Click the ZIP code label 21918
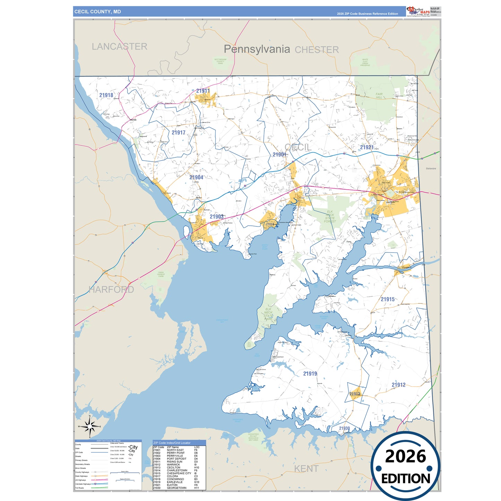click(x=106, y=95)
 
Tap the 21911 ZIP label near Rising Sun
click(x=203, y=91)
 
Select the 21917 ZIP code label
click(x=178, y=132)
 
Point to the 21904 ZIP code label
click(x=196, y=178)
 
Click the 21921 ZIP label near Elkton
click(x=366, y=147)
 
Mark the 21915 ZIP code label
click(x=388, y=299)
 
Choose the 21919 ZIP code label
click(x=310, y=374)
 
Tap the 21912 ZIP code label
click(x=398, y=385)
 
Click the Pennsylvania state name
click(x=257, y=49)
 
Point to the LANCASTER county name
click(x=119, y=46)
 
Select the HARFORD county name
click(x=111, y=290)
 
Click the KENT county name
click(x=306, y=469)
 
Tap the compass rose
click(x=90, y=426)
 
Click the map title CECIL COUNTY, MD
click(x=97, y=12)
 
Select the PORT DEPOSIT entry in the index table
click(x=176, y=459)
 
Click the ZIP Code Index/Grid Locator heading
click(x=172, y=443)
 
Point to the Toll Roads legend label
click(x=80, y=488)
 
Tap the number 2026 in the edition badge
click(x=405, y=456)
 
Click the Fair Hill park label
click(x=379, y=96)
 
